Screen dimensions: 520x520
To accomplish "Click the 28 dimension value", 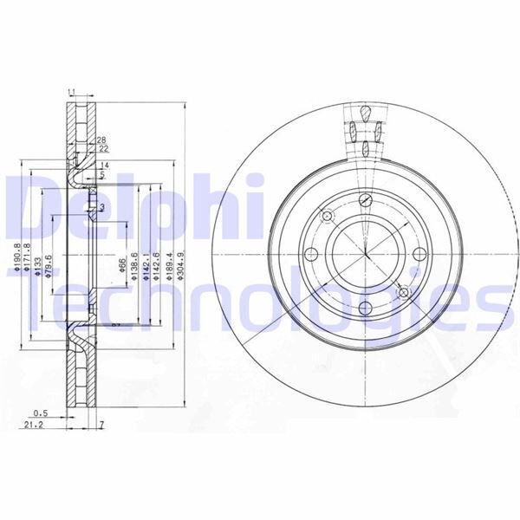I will tap(101, 140).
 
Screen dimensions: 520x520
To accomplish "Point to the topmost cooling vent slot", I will tap(366, 113).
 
